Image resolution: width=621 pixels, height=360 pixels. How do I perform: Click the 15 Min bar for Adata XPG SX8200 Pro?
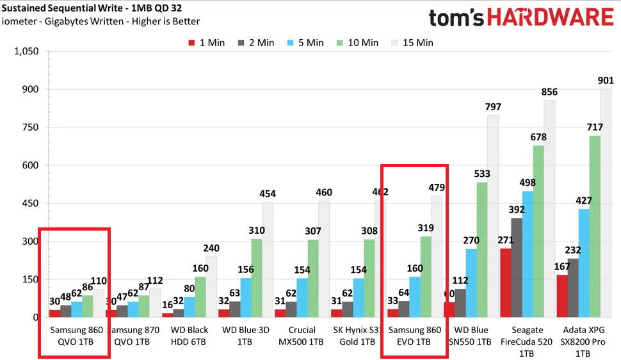pos(606,203)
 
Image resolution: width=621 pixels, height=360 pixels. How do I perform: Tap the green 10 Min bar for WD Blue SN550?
pos(482,250)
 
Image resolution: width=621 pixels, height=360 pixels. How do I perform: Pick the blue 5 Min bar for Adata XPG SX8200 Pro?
pos(585,263)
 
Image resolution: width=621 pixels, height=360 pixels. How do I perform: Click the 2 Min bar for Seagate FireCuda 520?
pos(517,268)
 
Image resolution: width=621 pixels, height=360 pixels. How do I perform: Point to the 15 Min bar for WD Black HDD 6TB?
pos(211,287)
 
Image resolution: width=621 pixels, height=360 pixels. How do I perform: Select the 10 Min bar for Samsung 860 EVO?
pos(426,277)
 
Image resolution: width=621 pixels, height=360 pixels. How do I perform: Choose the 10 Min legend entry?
pos(358,43)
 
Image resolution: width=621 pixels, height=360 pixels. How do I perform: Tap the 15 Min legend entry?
pos(412,43)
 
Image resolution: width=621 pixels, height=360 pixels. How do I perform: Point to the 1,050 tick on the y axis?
pos(26,51)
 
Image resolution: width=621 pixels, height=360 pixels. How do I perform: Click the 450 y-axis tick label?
pos(29,204)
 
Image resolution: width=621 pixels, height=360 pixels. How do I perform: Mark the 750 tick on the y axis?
pos(29,127)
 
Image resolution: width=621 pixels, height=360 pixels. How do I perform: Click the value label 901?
pos(606,80)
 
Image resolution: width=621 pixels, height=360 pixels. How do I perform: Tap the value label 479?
pos(437,187)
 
